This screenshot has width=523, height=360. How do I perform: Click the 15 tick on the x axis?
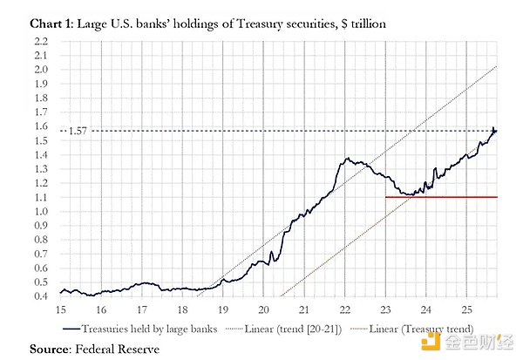click(x=61, y=309)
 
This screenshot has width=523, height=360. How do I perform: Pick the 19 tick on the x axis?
click(x=223, y=309)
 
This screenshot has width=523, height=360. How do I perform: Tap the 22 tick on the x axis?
click(x=345, y=309)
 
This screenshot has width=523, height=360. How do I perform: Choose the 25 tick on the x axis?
click(x=467, y=309)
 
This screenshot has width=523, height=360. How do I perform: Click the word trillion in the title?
click(x=369, y=24)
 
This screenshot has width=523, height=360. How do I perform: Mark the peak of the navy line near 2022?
click(x=348, y=159)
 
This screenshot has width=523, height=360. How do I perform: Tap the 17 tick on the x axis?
click(x=142, y=309)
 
